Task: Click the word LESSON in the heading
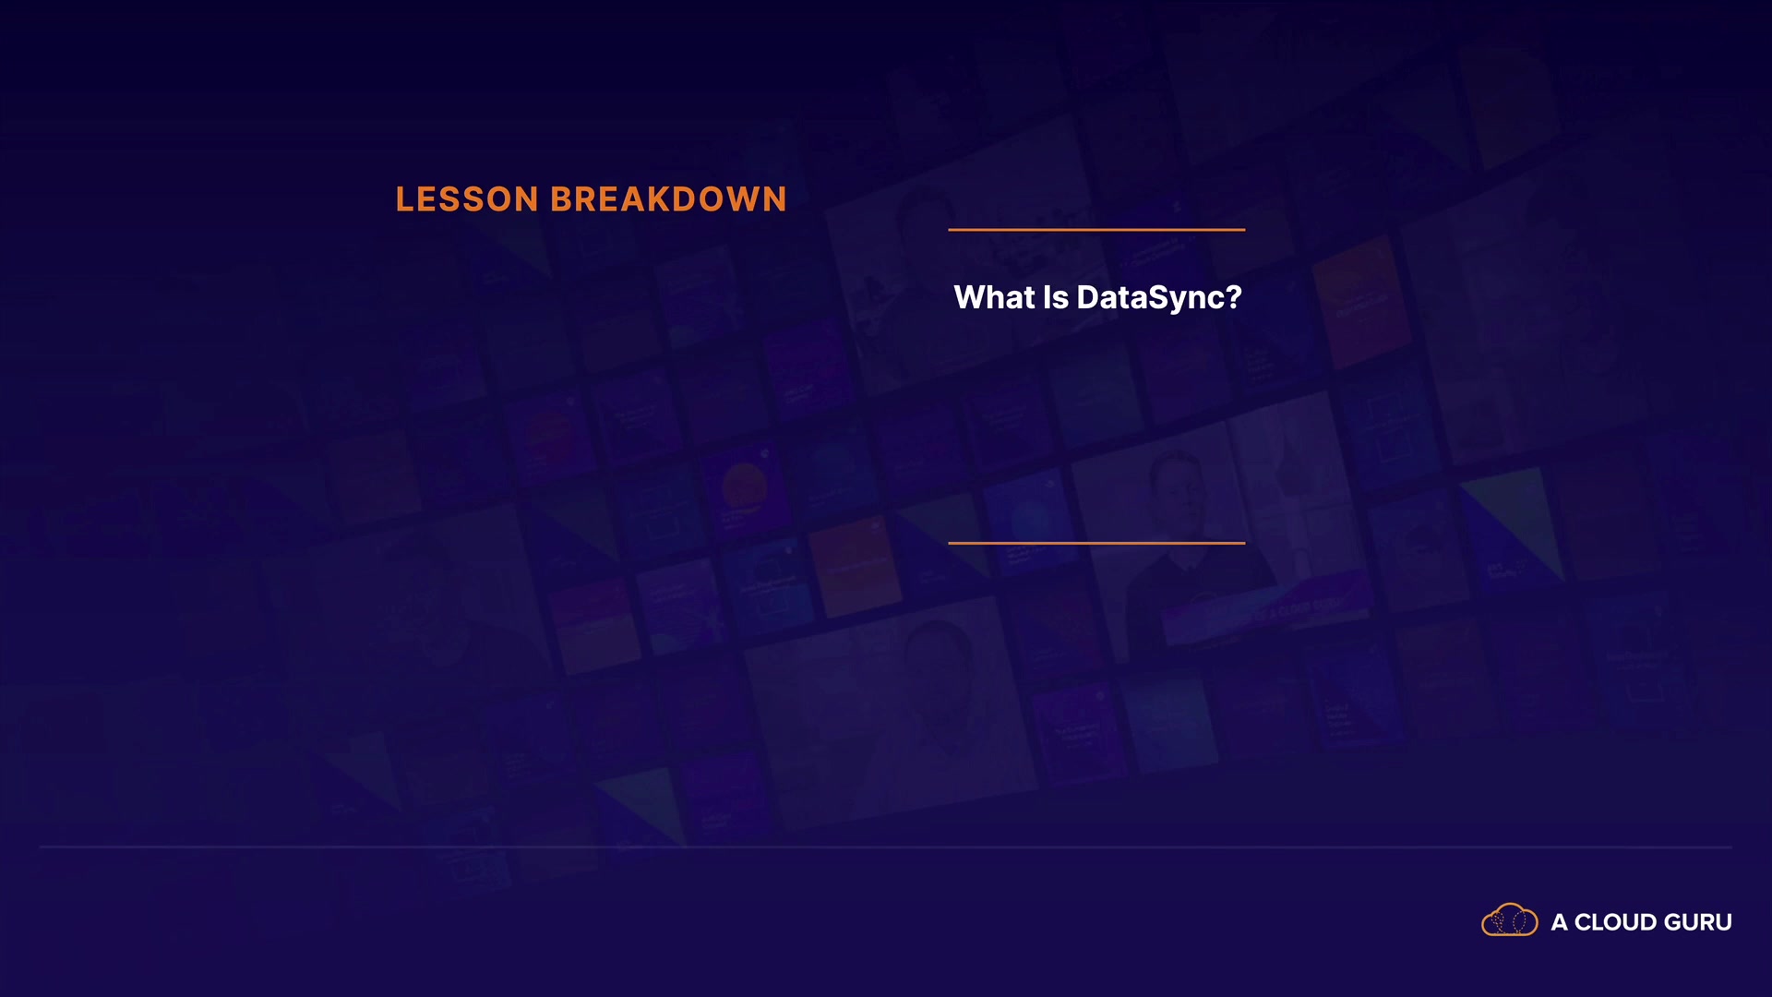point(467,199)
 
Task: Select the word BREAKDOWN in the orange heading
point(669,199)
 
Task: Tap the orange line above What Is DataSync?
point(1096,230)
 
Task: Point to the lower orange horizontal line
point(1096,543)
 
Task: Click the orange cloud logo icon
point(1510,920)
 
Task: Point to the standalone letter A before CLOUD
point(1560,922)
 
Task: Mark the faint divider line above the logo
point(886,847)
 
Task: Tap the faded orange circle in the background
point(744,485)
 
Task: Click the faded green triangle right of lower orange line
point(1514,517)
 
